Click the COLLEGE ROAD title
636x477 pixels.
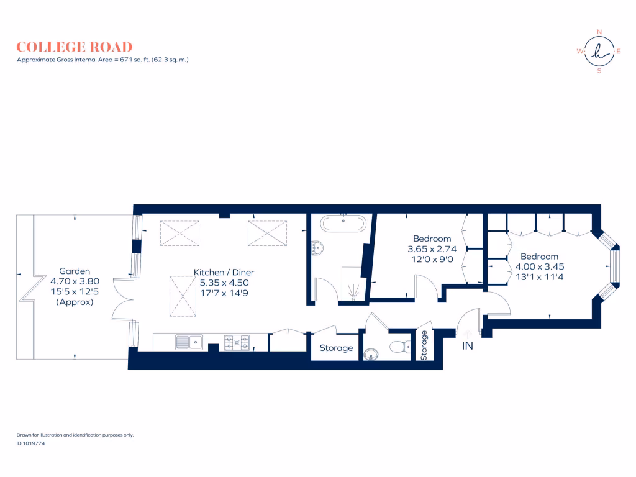tap(74, 47)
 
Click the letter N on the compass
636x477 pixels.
tap(599, 32)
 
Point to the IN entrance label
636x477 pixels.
tap(467, 346)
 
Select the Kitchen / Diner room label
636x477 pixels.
tap(224, 272)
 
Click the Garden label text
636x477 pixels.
tap(75, 271)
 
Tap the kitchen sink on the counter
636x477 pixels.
tap(189, 342)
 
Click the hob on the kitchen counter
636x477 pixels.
tap(237, 342)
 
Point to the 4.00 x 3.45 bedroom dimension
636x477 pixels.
tap(539, 266)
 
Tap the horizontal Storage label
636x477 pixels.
tap(336, 348)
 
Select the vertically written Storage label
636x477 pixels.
tap(425, 345)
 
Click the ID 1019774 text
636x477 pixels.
tap(30, 443)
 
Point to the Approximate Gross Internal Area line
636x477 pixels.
tap(102, 60)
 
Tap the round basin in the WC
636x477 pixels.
tap(371, 354)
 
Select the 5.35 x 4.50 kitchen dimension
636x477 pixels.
tap(224, 282)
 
